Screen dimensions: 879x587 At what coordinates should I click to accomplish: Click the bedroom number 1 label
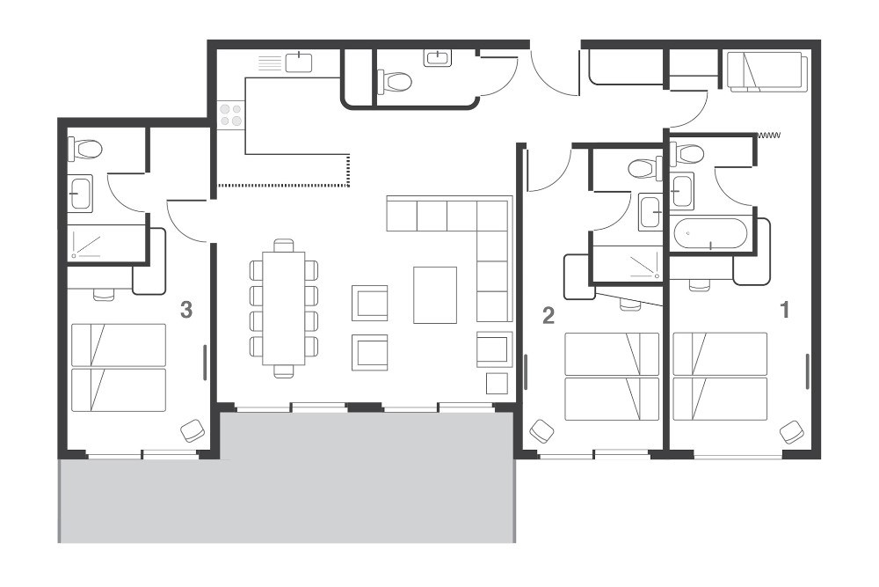(785, 309)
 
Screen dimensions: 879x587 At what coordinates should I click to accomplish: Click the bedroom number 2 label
(548, 315)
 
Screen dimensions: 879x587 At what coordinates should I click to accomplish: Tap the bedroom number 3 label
(186, 309)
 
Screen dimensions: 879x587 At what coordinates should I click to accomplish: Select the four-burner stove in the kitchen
(231, 114)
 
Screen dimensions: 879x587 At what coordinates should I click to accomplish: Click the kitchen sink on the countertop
(299, 62)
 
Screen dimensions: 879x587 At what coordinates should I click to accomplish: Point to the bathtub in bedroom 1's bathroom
(709, 233)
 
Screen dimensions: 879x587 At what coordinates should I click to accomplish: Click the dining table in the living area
(284, 308)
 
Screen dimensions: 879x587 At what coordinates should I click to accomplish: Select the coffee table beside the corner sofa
(435, 295)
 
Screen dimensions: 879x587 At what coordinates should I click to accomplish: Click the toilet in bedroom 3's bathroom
(85, 149)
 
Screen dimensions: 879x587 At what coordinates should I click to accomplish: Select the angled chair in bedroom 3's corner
(193, 431)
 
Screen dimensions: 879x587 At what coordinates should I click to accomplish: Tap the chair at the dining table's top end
(284, 246)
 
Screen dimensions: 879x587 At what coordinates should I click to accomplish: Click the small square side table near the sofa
(497, 384)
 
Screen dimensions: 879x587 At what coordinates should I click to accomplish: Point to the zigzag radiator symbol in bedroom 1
(768, 136)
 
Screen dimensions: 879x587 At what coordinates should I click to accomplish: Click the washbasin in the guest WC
(437, 58)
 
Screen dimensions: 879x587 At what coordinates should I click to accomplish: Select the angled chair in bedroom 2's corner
(542, 431)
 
